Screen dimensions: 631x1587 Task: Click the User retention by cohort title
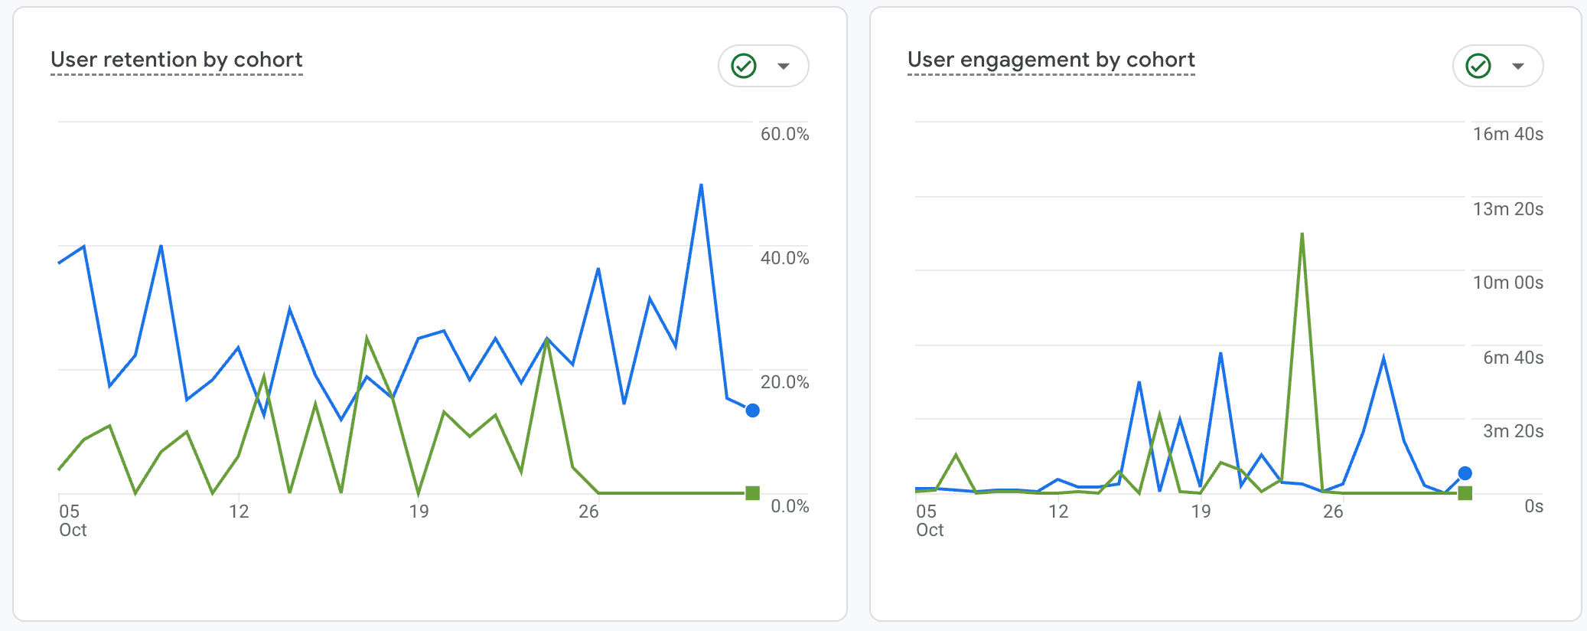[177, 60]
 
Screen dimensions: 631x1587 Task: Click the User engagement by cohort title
[1051, 60]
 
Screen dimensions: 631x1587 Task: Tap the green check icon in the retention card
[744, 66]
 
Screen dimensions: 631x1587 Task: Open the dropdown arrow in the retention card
[784, 66]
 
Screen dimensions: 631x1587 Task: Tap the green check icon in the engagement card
[1478, 66]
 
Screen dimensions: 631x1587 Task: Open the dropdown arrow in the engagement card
[1518, 66]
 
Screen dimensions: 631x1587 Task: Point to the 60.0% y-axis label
[784, 134]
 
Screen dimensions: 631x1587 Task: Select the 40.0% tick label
[784, 258]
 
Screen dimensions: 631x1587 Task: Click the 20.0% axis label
[784, 382]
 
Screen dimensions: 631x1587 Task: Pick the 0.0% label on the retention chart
[790, 506]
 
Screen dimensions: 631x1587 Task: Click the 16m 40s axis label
[1507, 134]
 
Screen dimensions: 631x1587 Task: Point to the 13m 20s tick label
[1507, 209]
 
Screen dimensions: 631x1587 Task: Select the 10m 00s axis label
[1507, 283]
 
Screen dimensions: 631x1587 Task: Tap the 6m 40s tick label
[1513, 358]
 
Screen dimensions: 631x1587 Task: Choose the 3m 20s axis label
[1513, 431]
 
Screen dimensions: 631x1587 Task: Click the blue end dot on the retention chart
[753, 410]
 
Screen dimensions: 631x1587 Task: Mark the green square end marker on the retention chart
[753, 493]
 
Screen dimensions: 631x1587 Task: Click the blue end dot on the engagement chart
[1465, 473]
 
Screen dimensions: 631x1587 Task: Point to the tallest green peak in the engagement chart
[1302, 234]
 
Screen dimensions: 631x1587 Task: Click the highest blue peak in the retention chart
[701, 185]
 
